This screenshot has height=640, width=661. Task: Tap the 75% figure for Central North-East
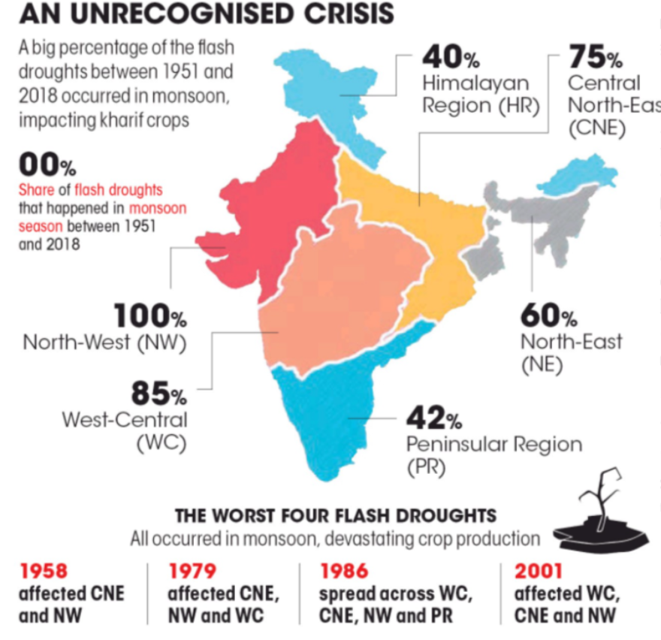(x=594, y=57)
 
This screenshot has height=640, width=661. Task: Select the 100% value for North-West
(x=149, y=316)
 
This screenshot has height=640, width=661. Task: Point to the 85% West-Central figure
(x=158, y=393)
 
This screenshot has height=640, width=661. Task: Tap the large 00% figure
(x=47, y=163)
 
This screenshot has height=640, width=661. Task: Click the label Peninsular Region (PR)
(x=493, y=454)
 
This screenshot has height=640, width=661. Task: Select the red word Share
(x=36, y=190)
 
